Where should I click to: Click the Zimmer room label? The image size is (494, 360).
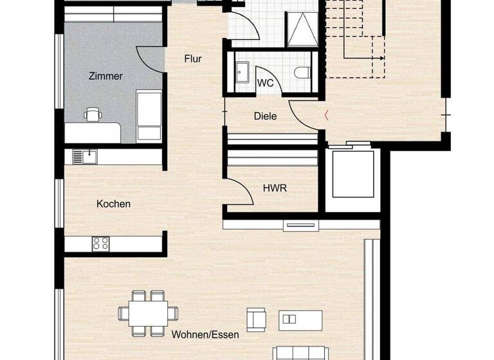point(105,76)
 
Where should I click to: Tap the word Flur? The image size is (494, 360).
point(193,59)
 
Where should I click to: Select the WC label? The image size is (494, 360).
point(265,83)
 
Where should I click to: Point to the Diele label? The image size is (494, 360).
point(266,116)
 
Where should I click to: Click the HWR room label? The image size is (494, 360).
point(274,188)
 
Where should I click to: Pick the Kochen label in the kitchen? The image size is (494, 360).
point(113,204)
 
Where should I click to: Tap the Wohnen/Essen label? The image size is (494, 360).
point(205,334)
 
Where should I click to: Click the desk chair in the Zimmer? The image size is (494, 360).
point(93,114)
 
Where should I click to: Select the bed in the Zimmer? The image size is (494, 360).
point(149,116)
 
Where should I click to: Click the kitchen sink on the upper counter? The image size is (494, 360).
point(84,156)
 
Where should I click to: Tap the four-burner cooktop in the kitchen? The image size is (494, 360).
point(100,243)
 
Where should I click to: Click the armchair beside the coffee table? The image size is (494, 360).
point(255,319)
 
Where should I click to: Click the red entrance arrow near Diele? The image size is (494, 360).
point(327,116)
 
